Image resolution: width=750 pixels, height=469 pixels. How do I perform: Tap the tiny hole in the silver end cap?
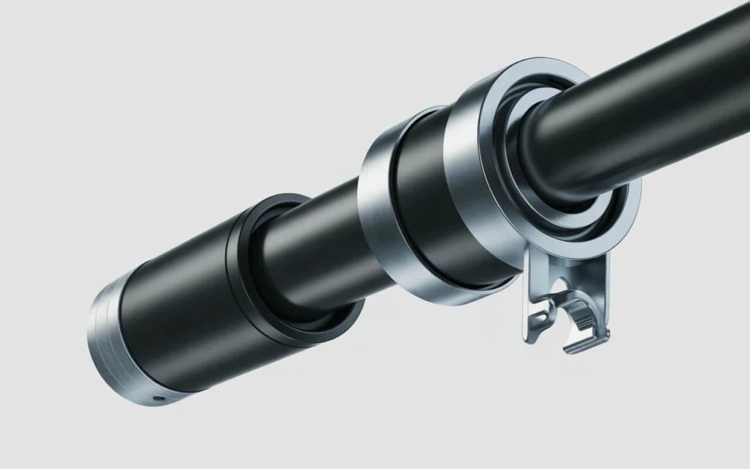[x=155, y=399]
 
